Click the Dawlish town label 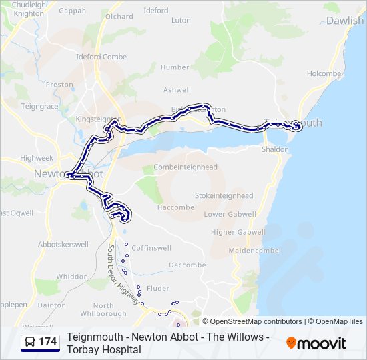[x=345, y=21]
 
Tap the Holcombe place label [x=324, y=74]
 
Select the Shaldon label [x=276, y=149]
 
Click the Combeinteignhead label [x=186, y=167]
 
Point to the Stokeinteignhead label [x=224, y=196]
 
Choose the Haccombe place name [x=175, y=207]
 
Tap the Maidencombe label [x=248, y=250]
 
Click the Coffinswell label [x=151, y=248]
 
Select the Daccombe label [x=187, y=265]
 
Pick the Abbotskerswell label [x=63, y=245]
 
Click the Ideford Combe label [x=102, y=57]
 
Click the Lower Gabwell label [x=230, y=215]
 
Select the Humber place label [x=175, y=67]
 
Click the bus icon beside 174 [x=30, y=342]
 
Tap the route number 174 [x=48, y=342]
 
